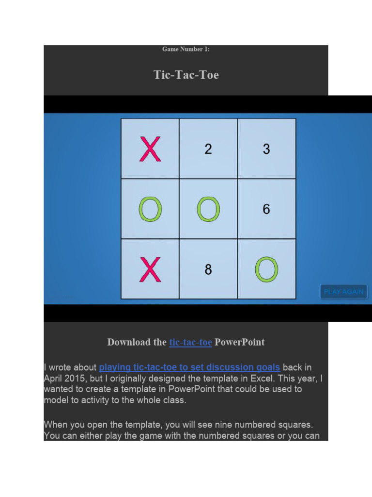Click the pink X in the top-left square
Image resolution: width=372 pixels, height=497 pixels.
[150, 149]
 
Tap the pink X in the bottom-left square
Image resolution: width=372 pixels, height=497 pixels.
[150, 270]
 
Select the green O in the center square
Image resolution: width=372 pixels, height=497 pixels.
[208, 210]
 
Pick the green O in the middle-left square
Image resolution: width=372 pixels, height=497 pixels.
[150, 210]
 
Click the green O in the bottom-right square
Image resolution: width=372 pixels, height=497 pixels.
[266, 270]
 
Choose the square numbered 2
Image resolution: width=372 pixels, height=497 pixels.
[208, 149]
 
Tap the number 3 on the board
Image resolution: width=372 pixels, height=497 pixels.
[266, 149]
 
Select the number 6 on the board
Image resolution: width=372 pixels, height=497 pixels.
[266, 210]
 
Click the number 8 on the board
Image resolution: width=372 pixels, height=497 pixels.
[208, 270]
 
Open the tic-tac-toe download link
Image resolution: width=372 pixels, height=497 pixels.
[190, 342]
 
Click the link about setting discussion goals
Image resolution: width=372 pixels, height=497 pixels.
[189, 367]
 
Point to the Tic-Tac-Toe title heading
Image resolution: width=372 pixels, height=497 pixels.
[186, 75]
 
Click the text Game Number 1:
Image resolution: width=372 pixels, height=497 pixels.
[186, 50]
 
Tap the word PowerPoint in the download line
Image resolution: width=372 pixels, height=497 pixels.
[240, 342]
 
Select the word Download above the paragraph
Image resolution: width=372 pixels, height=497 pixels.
[130, 342]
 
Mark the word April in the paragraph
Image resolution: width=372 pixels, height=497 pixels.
[54, 378]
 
